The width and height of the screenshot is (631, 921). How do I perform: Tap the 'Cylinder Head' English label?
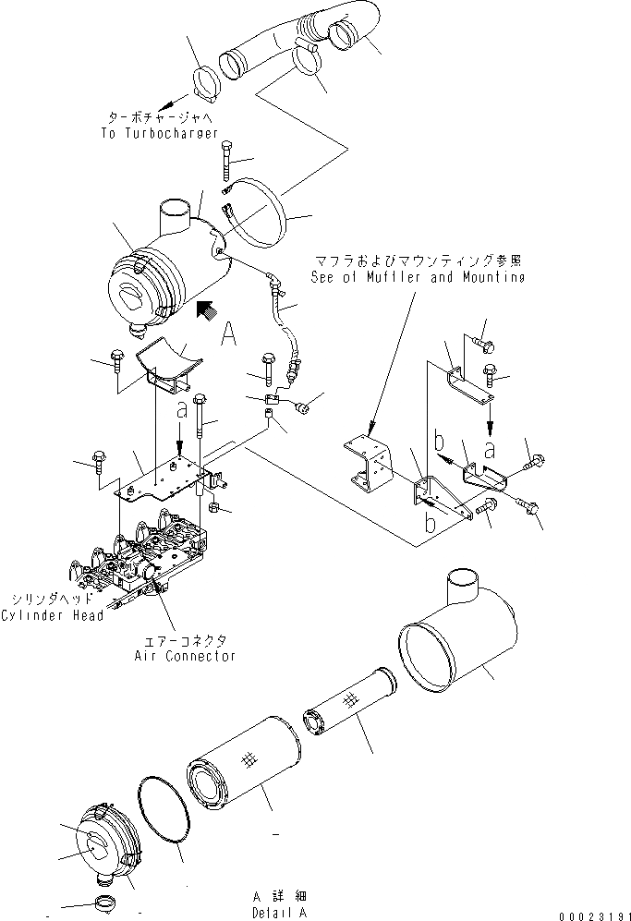pos(52,616)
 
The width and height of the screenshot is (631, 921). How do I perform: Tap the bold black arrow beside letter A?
pos(206,311)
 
